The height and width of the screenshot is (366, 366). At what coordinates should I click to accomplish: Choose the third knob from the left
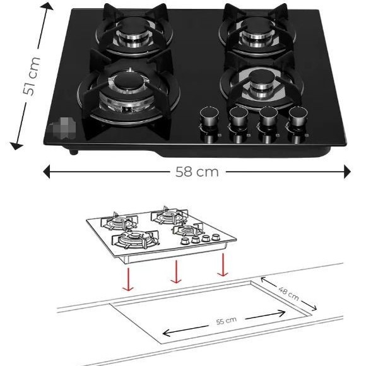click(x=268, y=117)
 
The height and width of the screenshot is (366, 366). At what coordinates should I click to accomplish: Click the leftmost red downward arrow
click(x=129, y=278)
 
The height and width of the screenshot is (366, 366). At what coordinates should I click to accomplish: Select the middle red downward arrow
click(x=176, y=272)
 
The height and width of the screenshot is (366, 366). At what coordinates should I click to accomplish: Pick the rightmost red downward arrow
click(x=222, y=264)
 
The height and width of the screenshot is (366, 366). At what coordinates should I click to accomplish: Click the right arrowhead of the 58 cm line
click(x=346, y=172)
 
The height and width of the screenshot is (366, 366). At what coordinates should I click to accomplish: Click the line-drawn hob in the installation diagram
click(x=161, y=233)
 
